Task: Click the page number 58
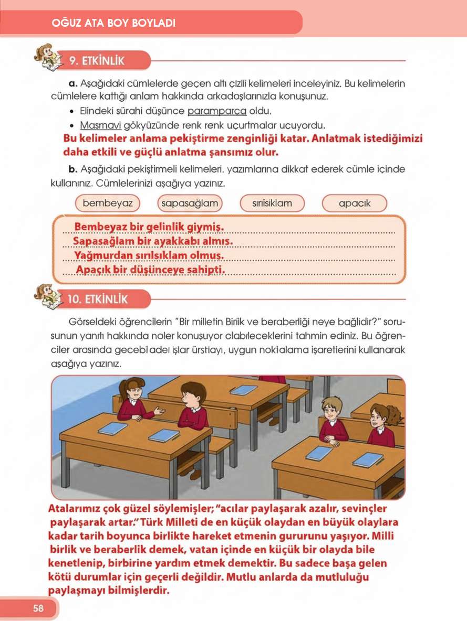[x=38, y=608]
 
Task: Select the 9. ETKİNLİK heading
[x=97, y=60]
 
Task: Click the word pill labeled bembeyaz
[x=108, y=203]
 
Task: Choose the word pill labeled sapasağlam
[x=190, y=203]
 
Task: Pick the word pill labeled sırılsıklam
[x=272, y=203]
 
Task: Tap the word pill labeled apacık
[x=354, y=203]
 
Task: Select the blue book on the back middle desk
[x=244, y=390]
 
